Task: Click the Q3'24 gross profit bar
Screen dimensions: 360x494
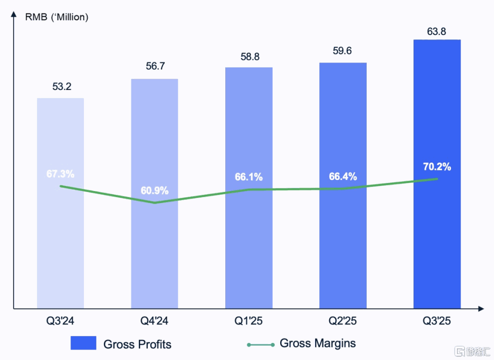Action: pyautogui.click(x=60, y=240)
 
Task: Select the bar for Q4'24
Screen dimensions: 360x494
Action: pyautogui.click(x=154, y=240)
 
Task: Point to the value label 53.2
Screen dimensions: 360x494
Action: pyautogui.click(x=62, y=86)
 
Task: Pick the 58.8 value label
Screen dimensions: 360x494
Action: pyautogui.click(x=249, y=56)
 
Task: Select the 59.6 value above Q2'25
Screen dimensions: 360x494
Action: pyautogui.click(x=343, y=51)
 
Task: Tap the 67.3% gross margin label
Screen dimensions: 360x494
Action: pyautogui.click(x=60, y=174)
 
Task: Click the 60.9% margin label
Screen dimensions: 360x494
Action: pyautogui.click(x=154, y=190)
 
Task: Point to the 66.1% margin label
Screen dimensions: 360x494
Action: pyautogui.click(x=249, y=177)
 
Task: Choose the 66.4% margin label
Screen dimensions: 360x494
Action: pyautogui.click(x=343, y=176)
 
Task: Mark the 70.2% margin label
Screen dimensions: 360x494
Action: pyautogui.click(x=438, y=167)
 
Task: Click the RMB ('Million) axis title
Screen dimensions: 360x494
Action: pyautogui.click(x=56, y=17)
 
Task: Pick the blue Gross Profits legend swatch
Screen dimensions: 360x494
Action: pyautogui.click(x=83, y=343)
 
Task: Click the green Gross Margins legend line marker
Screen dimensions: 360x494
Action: pyautogui.click(x=260, y=344)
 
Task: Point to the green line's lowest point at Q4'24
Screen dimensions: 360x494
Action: pyautogui.click(x=155, y=202)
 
